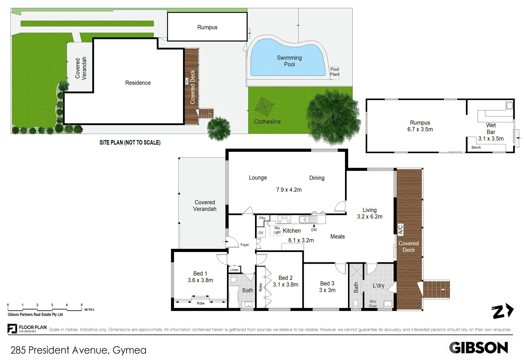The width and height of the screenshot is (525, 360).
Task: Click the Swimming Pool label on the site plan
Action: tap(289, 61)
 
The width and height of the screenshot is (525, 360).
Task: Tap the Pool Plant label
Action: tap(334, 72)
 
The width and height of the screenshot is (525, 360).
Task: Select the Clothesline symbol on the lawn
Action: tap(264, 106)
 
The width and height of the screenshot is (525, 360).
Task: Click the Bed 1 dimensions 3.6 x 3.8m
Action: tap(200, 280)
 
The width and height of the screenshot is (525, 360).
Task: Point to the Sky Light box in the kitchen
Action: tap(277, 230)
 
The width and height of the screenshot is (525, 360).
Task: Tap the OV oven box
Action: tap(261, 233)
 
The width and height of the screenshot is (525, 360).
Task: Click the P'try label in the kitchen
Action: tap(262, 218)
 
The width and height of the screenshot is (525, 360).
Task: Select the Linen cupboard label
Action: tap(234, 270)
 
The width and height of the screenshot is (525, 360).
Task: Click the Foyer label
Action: tap(245, 245)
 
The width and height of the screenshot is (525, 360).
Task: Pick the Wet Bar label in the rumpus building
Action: tap(491, 129)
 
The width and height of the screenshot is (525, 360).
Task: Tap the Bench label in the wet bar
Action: tap(476, 147)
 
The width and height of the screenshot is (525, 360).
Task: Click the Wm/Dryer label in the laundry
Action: tap(373, 304)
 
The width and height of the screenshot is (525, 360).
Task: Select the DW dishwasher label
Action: tap(314, 230)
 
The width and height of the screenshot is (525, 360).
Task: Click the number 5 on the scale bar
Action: tap(82, 305)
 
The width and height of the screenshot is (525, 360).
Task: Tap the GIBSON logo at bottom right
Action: tap(478, 348)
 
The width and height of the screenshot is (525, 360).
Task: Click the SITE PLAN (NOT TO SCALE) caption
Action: tap(130, 143)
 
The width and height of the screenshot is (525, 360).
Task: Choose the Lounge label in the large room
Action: tap(258, 178)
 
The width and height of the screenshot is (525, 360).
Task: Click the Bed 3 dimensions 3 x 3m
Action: tap(327, 290)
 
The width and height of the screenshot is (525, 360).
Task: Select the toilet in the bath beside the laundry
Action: tap(356, 303)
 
